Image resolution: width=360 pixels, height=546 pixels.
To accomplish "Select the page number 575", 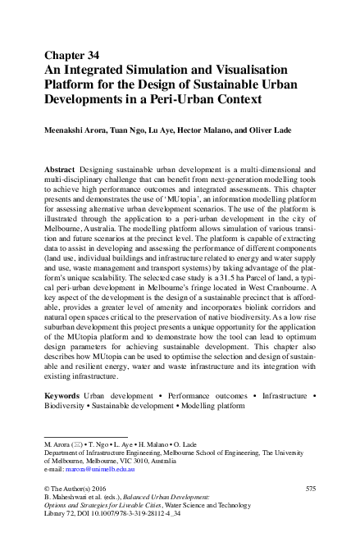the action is (x=310, y=489).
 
